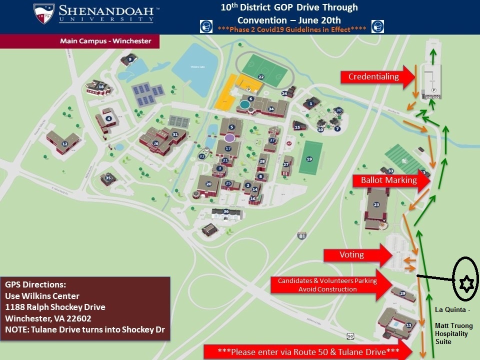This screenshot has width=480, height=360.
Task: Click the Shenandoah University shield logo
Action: tap(44, 14)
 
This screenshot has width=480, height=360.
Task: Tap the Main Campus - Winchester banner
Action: tap(105, 41)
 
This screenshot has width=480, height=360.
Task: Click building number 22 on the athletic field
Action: tap(260, 77)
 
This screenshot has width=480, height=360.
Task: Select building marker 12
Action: tap(64, 144)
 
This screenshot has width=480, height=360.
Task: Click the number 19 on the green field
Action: tap(309, 159)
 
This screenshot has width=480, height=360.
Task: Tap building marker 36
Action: tap(226, 211)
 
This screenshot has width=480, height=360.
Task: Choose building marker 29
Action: tap(402, 293)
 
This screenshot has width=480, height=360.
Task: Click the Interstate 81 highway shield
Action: tap(301, 235)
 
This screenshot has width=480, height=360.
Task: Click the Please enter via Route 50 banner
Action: tap(308, 351)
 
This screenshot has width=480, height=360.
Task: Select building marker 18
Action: tap(101, 87)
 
